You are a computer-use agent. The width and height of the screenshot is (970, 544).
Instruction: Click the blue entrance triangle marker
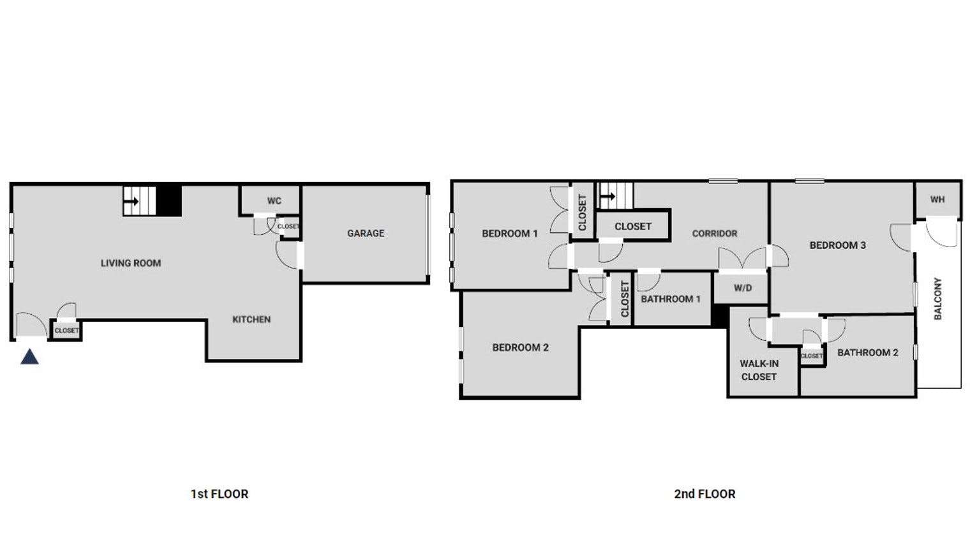point(29,357)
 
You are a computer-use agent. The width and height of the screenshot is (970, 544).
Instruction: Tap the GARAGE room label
point(366,234)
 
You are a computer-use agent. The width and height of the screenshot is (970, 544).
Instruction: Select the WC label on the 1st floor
point(274,200)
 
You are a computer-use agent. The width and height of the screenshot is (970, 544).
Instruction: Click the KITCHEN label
point(251,319)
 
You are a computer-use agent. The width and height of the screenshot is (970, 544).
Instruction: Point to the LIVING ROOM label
point(131,263)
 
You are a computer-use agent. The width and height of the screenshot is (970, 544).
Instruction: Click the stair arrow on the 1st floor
point(132,202)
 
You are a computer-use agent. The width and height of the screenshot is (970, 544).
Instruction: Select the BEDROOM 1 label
point(509,234)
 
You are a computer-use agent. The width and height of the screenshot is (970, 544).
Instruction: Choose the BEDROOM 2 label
point(520,348)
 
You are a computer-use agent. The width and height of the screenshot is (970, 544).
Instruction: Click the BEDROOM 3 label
point(837,245)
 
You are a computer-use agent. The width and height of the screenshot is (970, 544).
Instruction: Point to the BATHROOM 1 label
point(671,299)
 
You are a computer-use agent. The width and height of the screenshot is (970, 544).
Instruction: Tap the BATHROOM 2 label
point(867,352)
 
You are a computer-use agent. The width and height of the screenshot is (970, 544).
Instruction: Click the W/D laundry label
point(742,288)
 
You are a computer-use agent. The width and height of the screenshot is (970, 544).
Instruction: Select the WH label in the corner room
point(937,199)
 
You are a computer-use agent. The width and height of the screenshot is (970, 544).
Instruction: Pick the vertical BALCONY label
point(937,298)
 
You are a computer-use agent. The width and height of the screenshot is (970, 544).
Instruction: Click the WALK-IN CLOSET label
point(759,370)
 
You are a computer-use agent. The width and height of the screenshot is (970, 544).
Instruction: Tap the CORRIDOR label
point(714,234)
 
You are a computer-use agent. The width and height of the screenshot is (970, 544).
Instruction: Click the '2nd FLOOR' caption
point(705,494)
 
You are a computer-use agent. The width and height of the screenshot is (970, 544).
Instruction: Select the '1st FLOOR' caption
point(219,494)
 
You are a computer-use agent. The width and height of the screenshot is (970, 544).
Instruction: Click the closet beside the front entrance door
point(66,331)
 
